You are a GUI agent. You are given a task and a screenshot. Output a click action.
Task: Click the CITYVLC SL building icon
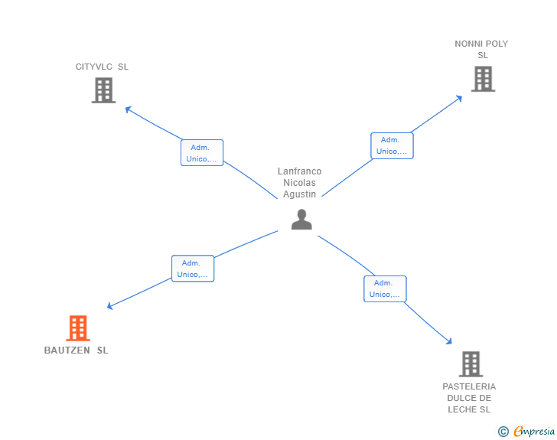coord(103,90)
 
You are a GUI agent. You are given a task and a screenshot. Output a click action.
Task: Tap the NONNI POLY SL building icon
coord(482,79)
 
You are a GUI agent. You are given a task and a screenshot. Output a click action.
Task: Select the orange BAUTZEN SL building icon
coord(77,328)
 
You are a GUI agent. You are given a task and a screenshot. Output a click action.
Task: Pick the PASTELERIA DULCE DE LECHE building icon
coord(471,363)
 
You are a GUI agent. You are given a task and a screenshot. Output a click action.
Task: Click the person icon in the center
coord(301,220)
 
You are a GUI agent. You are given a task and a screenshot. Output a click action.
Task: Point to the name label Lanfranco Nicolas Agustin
coord(299,183)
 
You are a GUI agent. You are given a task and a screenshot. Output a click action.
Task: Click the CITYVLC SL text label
coord(102,67)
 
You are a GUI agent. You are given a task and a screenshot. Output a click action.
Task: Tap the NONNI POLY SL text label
coord(481,49)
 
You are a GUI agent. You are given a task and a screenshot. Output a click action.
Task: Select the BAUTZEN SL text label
coord(77,350)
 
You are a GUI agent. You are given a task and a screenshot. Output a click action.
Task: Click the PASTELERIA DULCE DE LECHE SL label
coord(469,398)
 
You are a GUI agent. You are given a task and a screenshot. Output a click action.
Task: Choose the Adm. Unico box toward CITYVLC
coord(202,153)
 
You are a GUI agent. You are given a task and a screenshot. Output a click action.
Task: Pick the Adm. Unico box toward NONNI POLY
coord(392,145)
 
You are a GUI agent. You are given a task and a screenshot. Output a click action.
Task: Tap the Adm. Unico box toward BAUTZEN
coord(193,269)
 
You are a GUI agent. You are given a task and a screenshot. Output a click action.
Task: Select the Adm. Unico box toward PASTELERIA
coord(385,288)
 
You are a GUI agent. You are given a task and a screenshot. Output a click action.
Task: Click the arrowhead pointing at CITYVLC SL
coord(128,109)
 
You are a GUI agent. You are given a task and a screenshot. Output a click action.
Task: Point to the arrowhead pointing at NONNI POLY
coord(460,97)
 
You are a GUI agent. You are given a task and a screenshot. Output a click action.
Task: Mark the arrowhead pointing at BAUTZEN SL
coord(110,306)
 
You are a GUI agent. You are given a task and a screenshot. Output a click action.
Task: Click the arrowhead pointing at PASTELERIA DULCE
coord(450,342)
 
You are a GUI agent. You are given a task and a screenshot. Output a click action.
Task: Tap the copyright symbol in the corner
coord(503,432)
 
